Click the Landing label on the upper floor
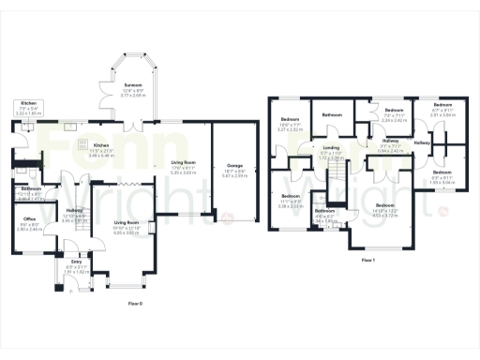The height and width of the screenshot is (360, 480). tap(331, 147)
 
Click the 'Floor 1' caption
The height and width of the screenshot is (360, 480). tap(367, 260)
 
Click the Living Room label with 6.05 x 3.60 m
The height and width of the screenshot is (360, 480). tap(127, 224)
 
